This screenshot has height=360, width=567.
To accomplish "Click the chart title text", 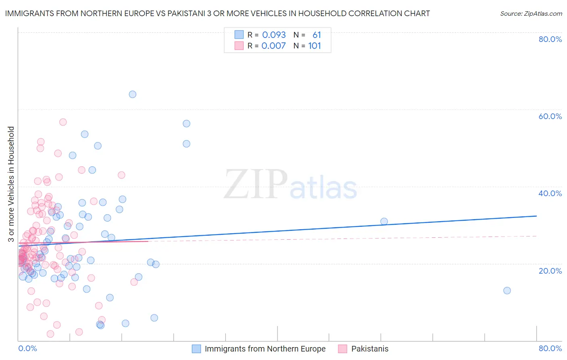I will pyautogui.click(x=217, y=13).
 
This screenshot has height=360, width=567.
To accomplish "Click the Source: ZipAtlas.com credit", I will pyautogui.click(x=531, y=13).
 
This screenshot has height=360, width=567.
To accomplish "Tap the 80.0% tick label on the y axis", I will pyautogui.click(x=550, y=39).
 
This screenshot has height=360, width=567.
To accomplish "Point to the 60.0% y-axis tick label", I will pyautogui.click(x=550, y=116).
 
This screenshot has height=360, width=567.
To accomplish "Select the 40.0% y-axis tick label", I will pyautogui.click(x=550, y=193).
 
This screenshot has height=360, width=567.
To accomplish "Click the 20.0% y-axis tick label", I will pyautogui.click(x=550, y=271).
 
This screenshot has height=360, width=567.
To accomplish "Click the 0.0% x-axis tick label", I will pyautogui.click(x=27, y=348).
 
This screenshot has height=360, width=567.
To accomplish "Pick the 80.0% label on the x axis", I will pyautogui.click(x=550, y=348).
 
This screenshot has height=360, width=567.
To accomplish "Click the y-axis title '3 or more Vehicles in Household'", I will pyautogui.click(x=11, y=184).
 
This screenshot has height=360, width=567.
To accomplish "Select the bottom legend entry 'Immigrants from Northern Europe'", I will pyautogui.click(x=265, y=349).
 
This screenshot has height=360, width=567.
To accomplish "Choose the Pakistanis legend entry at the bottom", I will pyautogui.click(x=369, y=349).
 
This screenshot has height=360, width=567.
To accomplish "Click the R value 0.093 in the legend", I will pyautogui.click(x=274, y=35).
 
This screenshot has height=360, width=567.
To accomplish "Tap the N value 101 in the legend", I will pyautogui.click(x=315, y=46).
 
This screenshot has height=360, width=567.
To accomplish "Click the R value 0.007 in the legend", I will pyautogui.click(x=273, y=46).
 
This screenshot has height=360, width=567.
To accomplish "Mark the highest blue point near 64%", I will pyautogui.click(x=132, y=94).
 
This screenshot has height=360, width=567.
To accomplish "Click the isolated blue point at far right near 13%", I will pyautogui.click(x=507, y=291).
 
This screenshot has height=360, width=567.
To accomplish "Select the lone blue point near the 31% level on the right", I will pyautogui.click(x=384, y=222).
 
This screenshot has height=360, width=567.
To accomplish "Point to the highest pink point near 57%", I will pyautogui.click(x=63, y=122).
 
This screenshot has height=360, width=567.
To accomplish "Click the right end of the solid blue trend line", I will pyautogui.click(x=536, y=216).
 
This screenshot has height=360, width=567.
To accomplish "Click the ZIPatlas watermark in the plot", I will pyautogui.click(x=290, y=185).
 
